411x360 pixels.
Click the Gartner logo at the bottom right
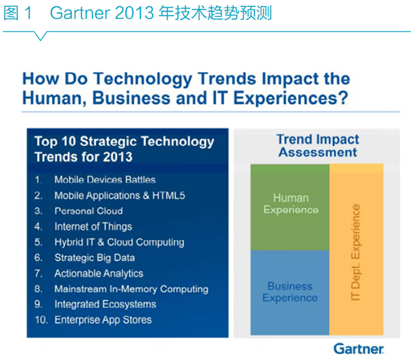(358, 349)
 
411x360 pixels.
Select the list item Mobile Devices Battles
(105, 179)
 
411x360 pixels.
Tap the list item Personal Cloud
(88, 211)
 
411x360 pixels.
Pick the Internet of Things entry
(93, 227)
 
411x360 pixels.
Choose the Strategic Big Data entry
(95, 258)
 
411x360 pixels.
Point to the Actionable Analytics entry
(99, 273)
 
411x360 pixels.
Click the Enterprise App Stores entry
(103, 320)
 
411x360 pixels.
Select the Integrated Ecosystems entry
(105, 305)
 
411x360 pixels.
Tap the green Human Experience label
(291, 204)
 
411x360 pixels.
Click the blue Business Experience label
(290, 292)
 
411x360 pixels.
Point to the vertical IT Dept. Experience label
(356, 252)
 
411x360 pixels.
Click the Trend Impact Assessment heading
(318, 146)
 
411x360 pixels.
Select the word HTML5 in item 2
(169, 196)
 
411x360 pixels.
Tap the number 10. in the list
(41, 320)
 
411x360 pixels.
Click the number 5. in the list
(38, 242)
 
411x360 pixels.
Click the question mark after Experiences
(343, 98)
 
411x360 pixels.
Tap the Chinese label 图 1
(18, 13)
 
